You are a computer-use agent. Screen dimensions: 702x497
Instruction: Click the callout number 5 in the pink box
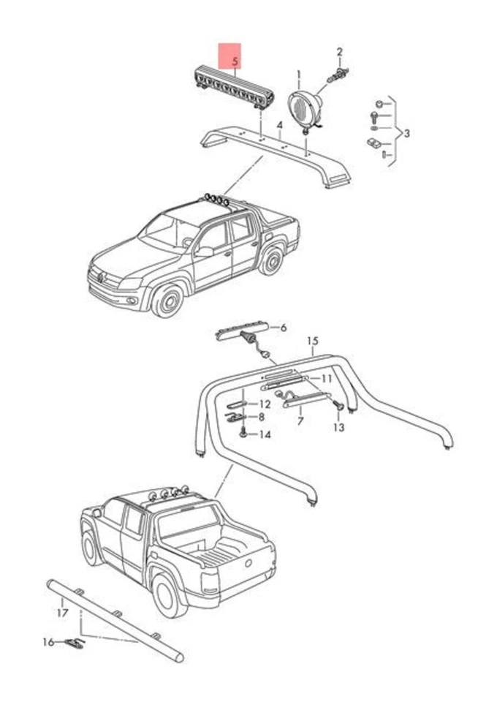coord(234,62)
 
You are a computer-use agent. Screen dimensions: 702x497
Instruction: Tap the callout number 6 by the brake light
coord(283,328)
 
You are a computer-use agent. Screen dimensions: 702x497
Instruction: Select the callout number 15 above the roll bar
coord(313,341)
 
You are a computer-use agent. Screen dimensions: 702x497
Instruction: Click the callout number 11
coord(326,378)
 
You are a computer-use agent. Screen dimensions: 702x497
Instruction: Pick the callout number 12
coord(265,404)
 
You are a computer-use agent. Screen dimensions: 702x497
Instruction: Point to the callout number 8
coord(261,418)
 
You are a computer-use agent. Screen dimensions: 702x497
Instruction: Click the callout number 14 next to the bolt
coord(264,434)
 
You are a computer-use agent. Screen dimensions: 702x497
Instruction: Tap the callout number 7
coord(300,422)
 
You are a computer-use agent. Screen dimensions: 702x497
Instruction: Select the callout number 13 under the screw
coord(338,427)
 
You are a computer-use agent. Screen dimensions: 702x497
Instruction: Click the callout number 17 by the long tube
coord(63,612)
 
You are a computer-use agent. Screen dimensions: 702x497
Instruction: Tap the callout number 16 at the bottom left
coord(48,642)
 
